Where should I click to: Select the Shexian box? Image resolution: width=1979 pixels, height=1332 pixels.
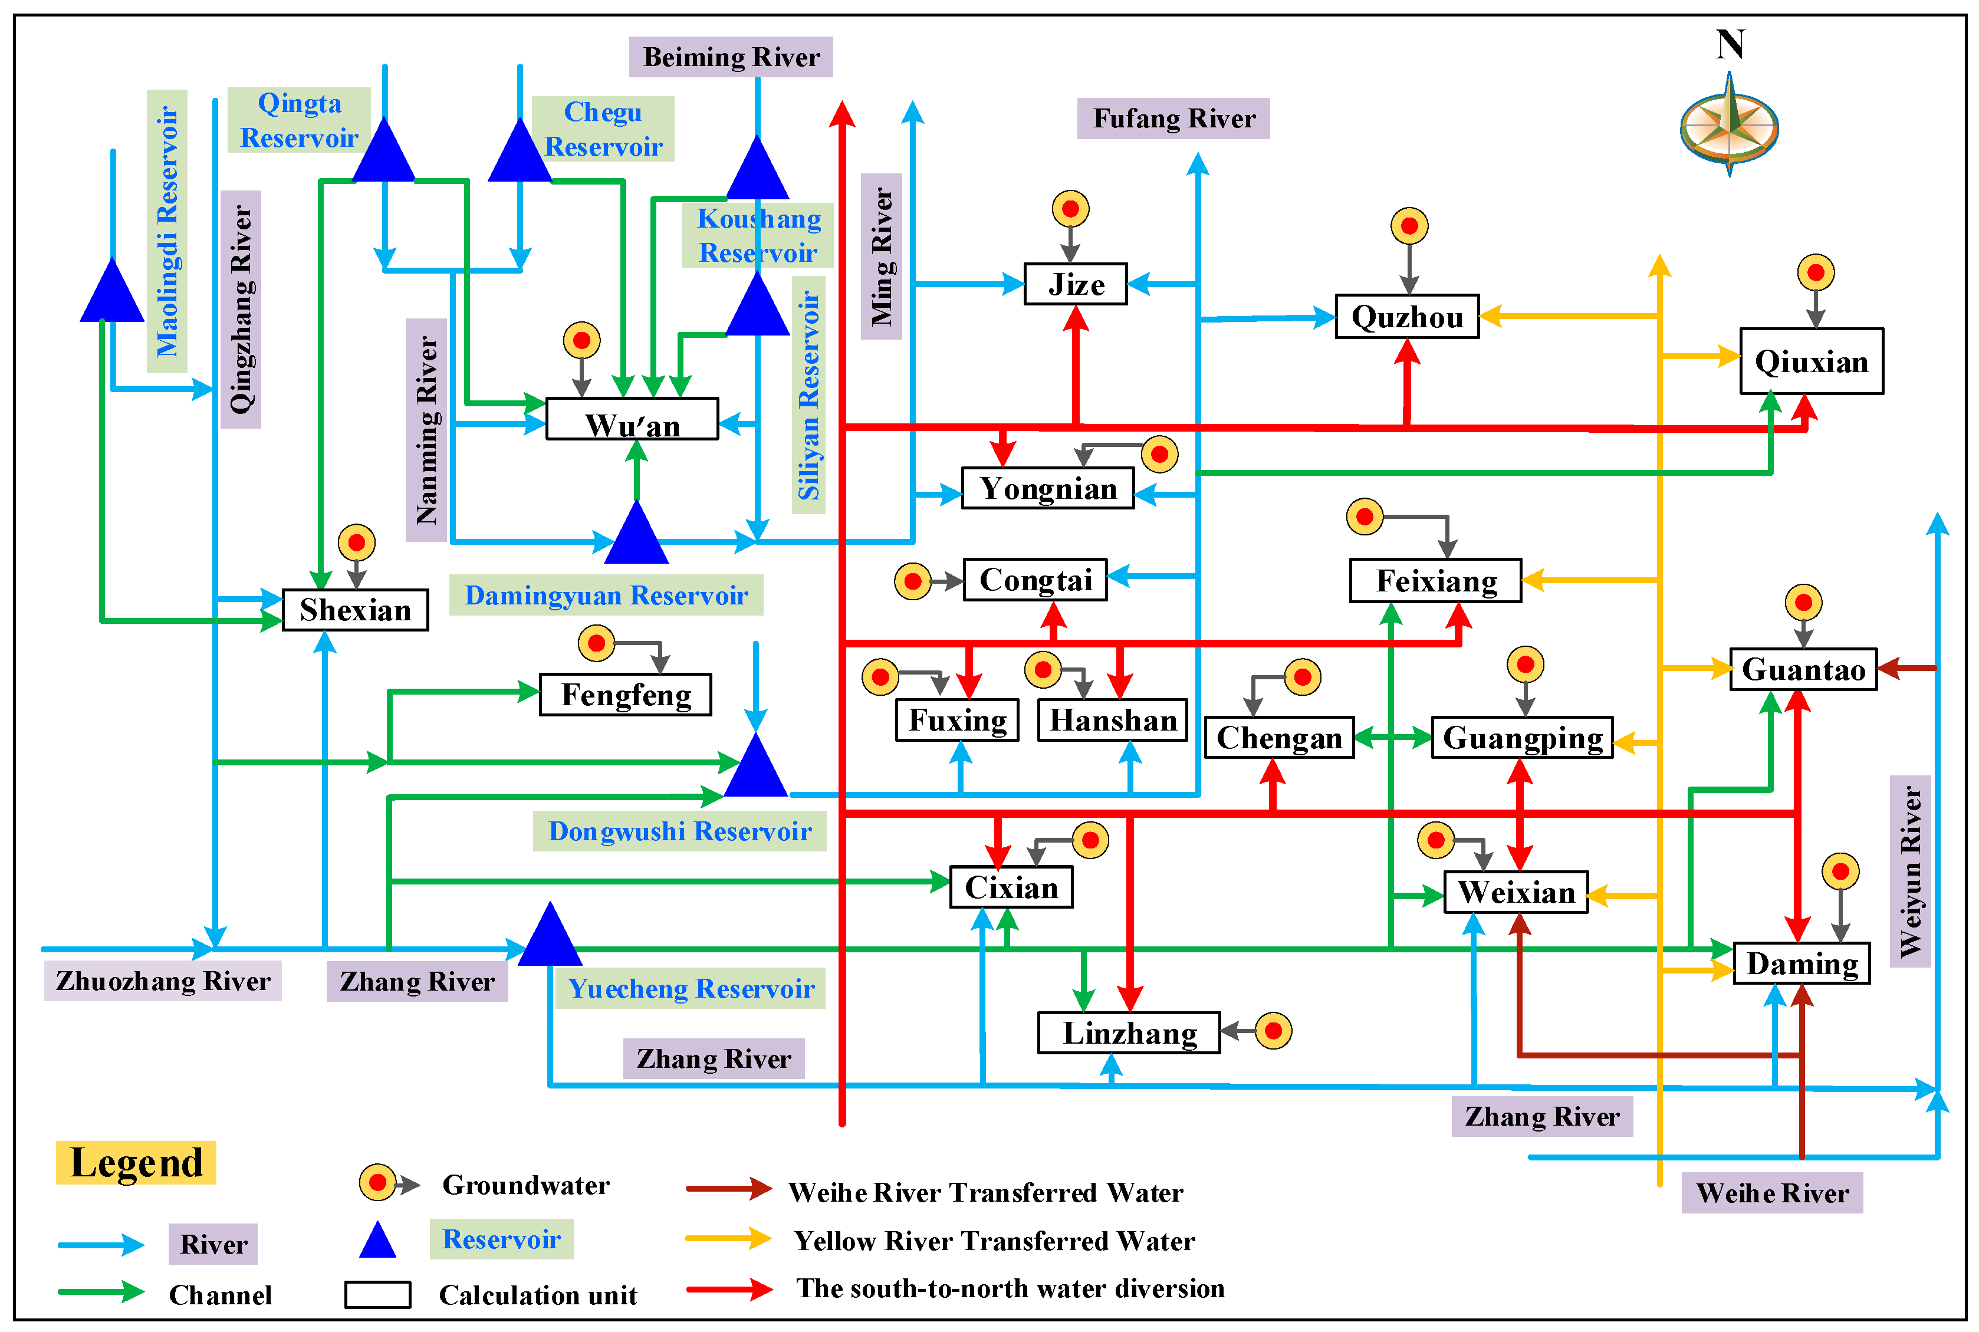click(355, 610)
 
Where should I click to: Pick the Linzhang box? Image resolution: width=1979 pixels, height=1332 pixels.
click(1128, 1033)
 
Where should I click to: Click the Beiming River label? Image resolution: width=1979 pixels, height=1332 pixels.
click(731, 57)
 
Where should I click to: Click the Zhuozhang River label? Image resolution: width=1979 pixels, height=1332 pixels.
click(162, 981)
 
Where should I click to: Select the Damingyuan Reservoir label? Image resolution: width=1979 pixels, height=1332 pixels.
click(606, 594)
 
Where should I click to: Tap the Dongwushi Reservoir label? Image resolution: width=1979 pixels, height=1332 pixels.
click(679, 831)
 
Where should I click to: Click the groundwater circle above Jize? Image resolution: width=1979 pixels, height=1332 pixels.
click(1070, 208)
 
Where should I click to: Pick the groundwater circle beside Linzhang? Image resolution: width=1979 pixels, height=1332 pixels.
click(1273, 1031)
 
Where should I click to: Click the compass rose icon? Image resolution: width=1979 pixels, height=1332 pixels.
click(1730, 127)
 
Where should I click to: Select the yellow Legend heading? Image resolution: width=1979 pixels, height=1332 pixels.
click(136, 1163)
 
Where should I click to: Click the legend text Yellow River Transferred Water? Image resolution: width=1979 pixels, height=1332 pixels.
click(994, 1240)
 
